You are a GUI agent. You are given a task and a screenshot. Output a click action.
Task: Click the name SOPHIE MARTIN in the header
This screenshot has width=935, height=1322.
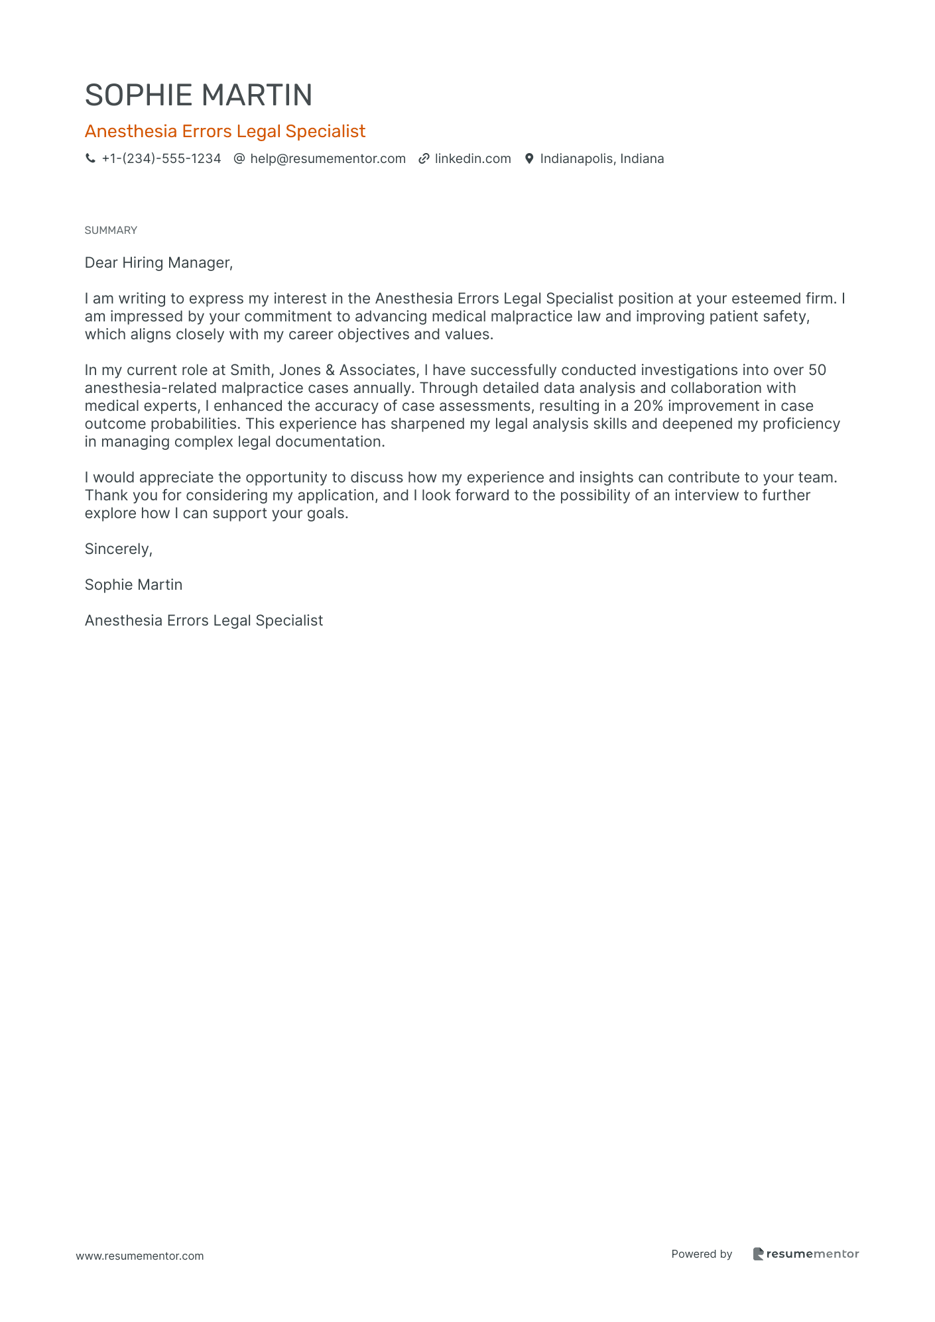(x=198, y=95)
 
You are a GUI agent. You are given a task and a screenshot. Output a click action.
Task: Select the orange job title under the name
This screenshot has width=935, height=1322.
(x=225, y=131)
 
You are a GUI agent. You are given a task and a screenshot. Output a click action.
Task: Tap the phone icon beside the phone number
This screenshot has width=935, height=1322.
(x=90, y=159)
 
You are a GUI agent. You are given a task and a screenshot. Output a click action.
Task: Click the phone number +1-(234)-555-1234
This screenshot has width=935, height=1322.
(x=161, y=159)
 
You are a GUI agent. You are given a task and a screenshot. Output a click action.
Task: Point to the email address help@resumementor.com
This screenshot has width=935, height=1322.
(x=328, y=159)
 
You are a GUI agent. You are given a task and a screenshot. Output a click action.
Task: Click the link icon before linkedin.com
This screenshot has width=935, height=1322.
(x=424, y=159)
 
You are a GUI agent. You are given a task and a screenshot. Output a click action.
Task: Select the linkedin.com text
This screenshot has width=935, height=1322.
(x=473, y=159)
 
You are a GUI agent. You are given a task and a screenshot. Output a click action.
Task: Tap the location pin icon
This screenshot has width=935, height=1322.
(x=529, y=159)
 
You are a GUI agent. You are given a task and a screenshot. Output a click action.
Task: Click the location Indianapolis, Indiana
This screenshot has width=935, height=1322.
(x=601, y=159)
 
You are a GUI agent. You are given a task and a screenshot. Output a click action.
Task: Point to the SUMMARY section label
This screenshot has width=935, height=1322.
(x=111, y=231)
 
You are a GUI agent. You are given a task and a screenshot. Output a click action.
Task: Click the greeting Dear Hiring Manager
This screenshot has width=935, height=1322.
(x=158, y=263)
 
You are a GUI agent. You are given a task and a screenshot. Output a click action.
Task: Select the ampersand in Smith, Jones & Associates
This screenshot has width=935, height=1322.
(x=330, y=370)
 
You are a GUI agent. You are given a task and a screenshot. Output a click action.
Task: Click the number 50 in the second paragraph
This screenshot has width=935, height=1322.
(x=817, y=370)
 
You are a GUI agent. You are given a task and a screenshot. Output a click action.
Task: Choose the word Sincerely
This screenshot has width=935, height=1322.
(x=118, y=549)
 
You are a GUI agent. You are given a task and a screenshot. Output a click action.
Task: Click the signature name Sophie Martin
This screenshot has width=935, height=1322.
(x=133, y=585)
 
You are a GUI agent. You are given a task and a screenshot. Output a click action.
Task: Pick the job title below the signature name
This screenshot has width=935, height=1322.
(x=204, y=621)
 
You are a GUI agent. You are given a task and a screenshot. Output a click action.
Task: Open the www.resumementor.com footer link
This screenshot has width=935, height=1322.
(x=140, y=1256)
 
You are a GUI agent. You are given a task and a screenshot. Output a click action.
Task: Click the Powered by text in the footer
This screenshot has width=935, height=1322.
(x=702, y=1254)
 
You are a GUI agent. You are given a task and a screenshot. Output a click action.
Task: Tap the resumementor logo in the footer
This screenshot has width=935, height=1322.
(x=806, y=1254)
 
